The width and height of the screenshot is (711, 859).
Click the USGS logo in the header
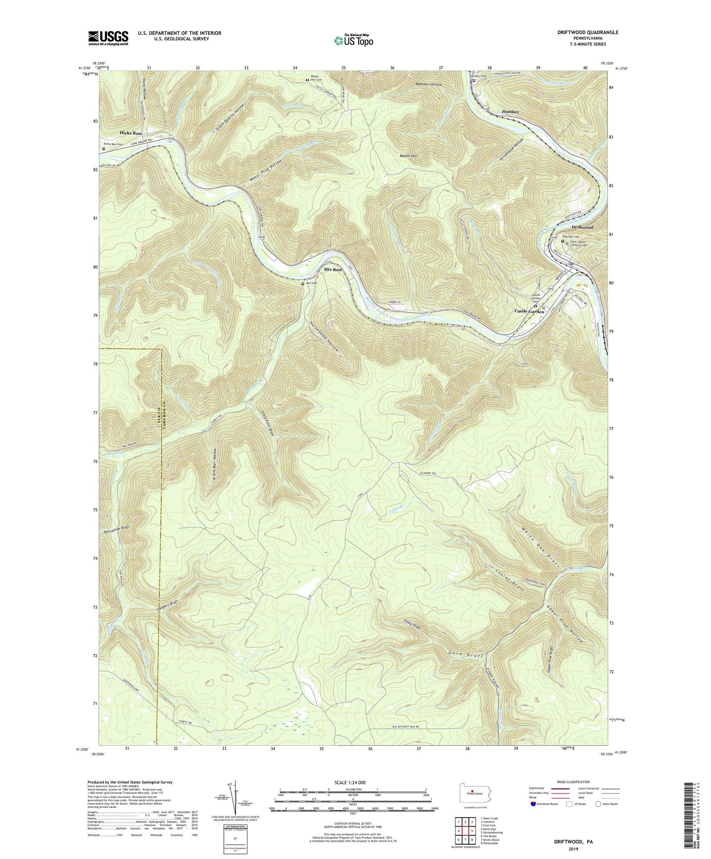click(108, 38)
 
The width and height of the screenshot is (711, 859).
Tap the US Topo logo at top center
click(352, 40)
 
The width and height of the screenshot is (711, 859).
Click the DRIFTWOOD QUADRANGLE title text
click(581, 32)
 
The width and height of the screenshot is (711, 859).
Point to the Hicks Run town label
click(130, 133)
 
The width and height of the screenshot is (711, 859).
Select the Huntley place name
click(510, 112)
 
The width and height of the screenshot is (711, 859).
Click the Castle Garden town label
click(529, 311)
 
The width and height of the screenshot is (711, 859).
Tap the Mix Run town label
click(333, 270)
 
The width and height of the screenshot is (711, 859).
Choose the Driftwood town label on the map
click(583, 228)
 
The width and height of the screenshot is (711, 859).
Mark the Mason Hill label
click(408, 156)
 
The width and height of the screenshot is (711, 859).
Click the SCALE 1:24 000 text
click(352, 782)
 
